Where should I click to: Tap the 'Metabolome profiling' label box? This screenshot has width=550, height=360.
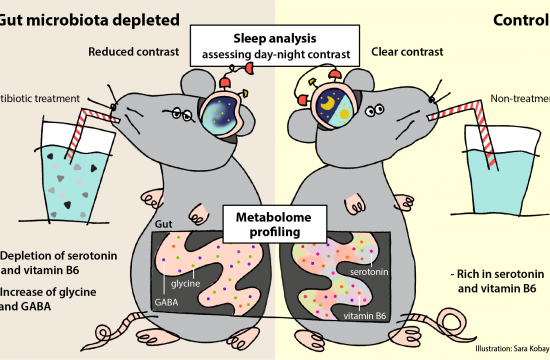point(273,218)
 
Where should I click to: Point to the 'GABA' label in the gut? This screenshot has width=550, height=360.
point(168,300)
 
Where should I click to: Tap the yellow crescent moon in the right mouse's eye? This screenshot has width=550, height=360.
point(327,102)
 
